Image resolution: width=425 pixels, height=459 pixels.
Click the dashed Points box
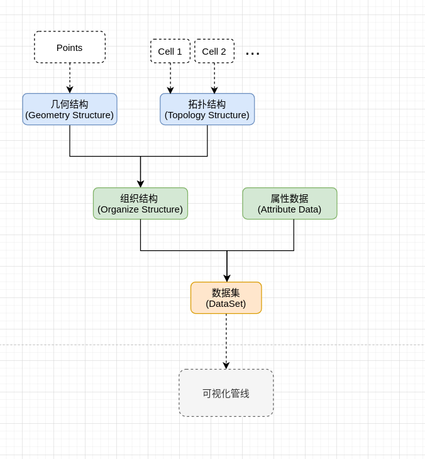click(70, 47)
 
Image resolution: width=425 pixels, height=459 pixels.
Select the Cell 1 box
click(170, 51)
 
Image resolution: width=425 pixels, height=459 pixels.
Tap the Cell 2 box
click(214, 51)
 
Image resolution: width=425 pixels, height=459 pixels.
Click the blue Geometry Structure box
click(70, 109)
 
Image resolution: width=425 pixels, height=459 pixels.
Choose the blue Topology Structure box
click(207, 109)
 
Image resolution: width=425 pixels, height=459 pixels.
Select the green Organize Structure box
click(140, 204)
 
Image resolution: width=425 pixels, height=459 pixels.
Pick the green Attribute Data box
click(290, 204)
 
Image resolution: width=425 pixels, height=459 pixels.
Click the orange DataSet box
click(226, 298)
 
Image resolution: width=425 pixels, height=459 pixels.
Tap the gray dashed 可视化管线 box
click(226, 393)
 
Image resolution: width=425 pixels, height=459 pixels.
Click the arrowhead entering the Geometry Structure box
click(70, 90)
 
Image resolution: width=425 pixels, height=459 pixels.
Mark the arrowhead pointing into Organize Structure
click(140, 184)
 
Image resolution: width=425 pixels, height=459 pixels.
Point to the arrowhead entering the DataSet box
click(227, 279)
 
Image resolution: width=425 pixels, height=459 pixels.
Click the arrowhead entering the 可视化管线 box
click(226, 365)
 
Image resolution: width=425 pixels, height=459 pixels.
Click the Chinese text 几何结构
click(70, 104)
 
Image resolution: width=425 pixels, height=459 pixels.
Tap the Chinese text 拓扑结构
click(207, 104)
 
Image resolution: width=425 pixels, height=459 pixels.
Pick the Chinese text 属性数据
click(290, 199)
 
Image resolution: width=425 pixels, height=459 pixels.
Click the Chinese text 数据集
click(226, 293)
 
